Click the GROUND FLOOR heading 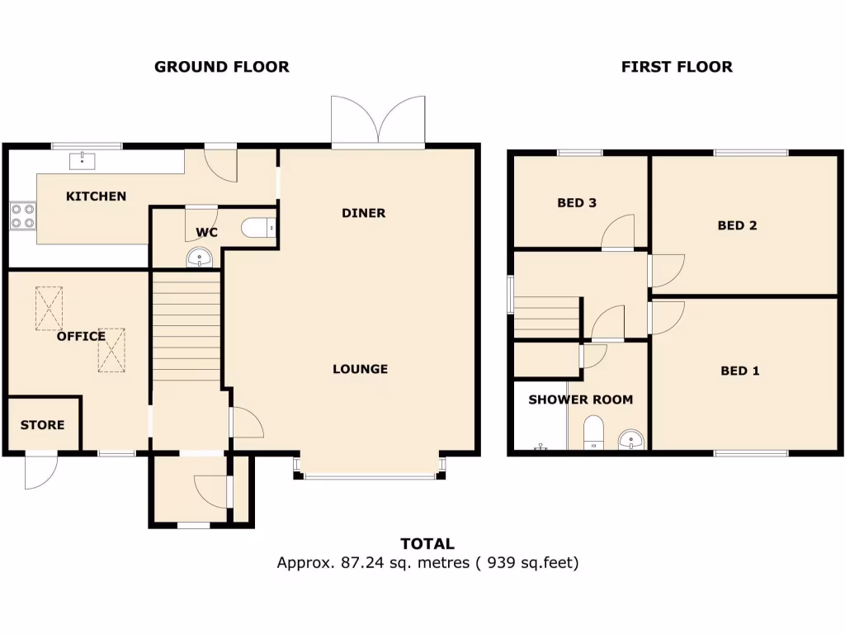coord(221,67)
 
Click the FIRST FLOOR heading coord(677,67)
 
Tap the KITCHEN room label coord(97,196)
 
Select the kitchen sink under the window coord(83,159)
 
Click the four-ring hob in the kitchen coord(22,215)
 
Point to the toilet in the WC coord(259,227)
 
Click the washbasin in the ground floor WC coord(200,259)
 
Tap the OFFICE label coord(81,336)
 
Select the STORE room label coord(42,425)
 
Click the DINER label coord(364,213)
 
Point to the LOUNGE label coord(361,369)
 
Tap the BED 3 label coord(577,202)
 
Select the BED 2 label coord(737,225)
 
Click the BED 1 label coord(740,371)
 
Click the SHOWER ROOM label coord(581,400)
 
